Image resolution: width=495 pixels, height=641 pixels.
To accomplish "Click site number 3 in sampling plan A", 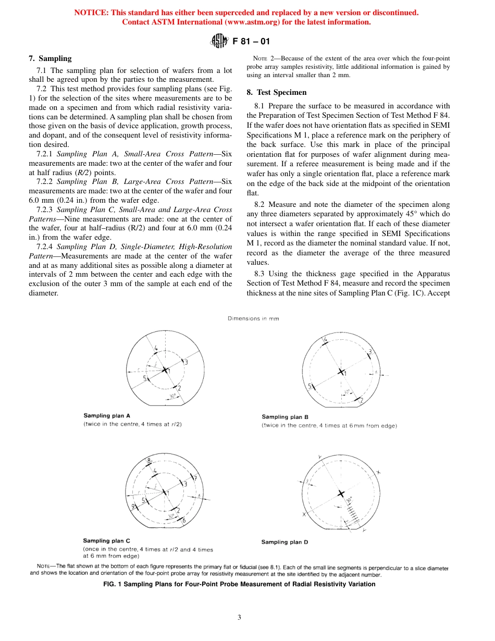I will (186, 362).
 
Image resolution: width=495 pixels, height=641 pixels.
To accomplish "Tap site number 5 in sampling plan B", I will (310, 386).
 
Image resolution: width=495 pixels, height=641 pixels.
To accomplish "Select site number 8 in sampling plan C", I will (148, 461).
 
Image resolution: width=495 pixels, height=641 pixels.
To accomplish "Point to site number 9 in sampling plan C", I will (133, 507).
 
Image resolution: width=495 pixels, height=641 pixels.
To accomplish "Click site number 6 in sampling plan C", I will (183, 520).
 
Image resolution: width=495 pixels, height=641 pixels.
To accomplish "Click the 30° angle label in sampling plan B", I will (346, 391).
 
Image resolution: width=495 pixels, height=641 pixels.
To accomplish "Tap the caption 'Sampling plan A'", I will (107, 416).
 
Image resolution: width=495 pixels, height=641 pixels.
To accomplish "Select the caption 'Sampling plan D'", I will (284, 542).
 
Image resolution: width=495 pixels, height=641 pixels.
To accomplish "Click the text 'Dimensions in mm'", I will (253, 319).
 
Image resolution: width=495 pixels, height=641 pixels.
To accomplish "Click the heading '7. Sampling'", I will (50, 59).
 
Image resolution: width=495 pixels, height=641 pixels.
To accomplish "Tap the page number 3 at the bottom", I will (239, 618).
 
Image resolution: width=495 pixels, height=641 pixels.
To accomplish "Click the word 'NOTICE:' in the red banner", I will (91, 13).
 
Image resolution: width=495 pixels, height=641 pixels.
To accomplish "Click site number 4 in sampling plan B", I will (326, 340).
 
